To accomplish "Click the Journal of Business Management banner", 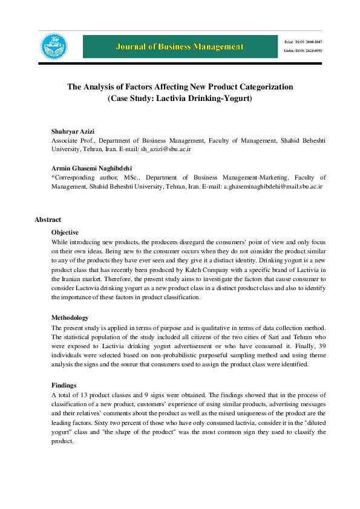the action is click(x=181, y=47).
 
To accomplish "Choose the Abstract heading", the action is click(x=48, y=219).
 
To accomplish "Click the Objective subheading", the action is click(x=67, y=232).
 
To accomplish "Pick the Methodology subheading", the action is click(x=70, y=318).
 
